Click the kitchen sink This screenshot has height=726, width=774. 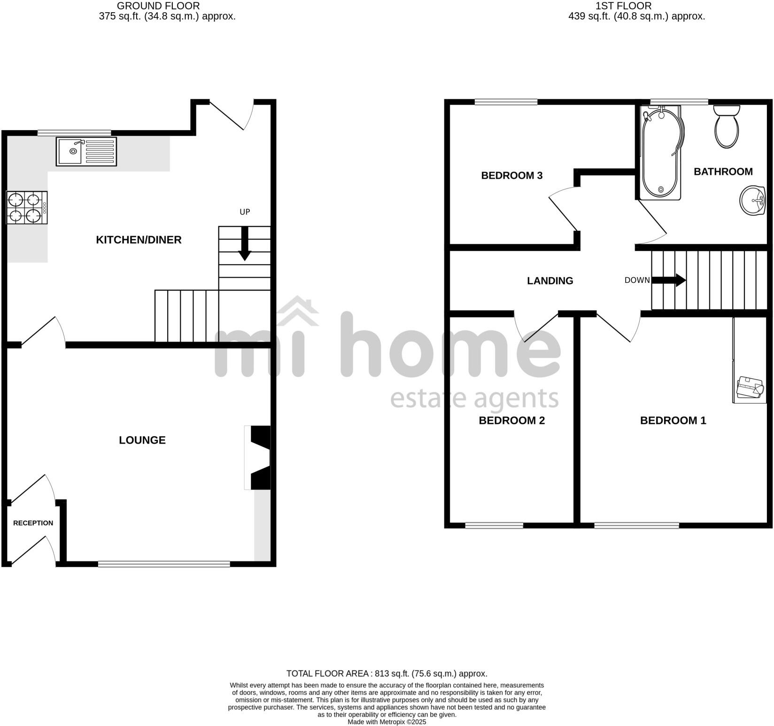pos(86,151)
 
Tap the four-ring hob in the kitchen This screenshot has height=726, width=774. pos(27,207)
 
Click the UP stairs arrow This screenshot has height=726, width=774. pos(244,243)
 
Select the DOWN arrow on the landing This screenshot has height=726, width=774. pos(669,281)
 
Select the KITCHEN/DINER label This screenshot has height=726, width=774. pos(139,240)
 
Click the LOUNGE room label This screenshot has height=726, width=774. pos(142,440)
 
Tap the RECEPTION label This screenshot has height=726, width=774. pos(33,523)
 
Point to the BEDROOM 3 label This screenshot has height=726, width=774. pos(512,175)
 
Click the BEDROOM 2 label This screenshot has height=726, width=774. pos(511,420)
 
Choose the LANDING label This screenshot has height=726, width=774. pos(550,281)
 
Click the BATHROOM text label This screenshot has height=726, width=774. pos(723,172)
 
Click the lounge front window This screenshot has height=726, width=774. pos(164,563)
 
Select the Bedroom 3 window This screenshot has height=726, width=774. pos(506,101)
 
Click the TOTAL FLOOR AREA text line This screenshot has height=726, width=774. pos(387,673)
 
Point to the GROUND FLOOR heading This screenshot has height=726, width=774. pos(158,6)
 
